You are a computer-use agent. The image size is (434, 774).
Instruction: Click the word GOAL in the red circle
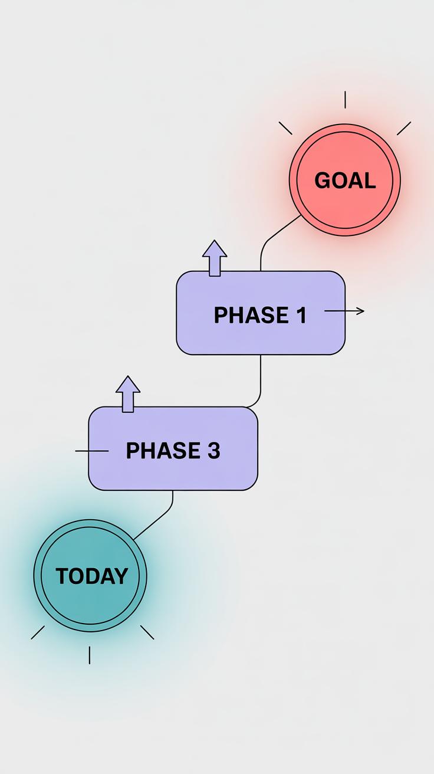(345, 181)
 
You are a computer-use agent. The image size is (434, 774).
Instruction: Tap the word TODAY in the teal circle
(91, 576)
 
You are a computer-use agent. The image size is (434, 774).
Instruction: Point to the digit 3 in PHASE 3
(213, 451)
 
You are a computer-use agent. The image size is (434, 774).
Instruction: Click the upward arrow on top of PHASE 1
(215, 257)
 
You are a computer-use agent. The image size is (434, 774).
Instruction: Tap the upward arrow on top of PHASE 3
(128, 393)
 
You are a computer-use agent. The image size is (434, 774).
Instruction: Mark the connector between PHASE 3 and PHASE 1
(260, 381)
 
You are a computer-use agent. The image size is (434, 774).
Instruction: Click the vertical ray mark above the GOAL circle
(345, 100)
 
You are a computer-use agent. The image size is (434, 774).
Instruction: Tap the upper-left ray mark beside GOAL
(285, 128)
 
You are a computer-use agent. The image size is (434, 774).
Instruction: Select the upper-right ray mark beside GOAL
(404, 128)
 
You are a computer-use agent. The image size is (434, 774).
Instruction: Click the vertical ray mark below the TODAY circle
(90, 655)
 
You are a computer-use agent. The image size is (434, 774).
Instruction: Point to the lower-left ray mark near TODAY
(38, 632)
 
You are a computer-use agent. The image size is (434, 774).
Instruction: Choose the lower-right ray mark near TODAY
(147, 632)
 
